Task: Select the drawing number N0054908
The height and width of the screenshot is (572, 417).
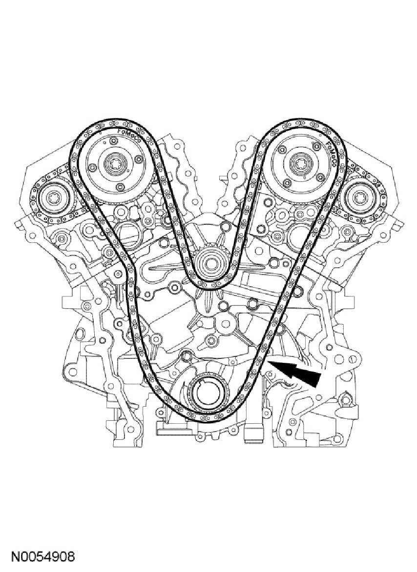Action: tap(43, 557)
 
